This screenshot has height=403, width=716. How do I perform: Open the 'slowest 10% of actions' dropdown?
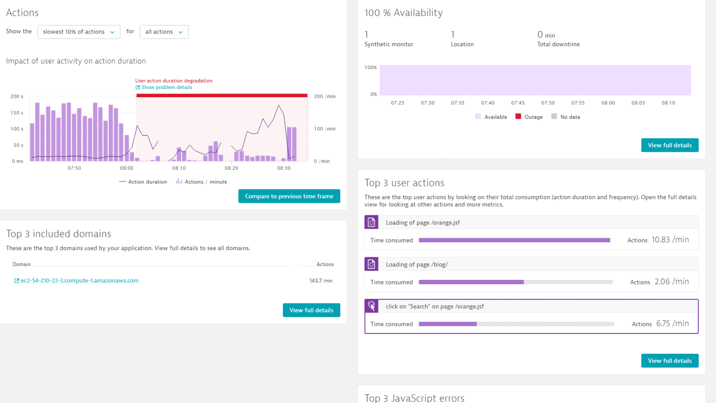79,32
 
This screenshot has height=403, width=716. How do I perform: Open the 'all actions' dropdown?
164,32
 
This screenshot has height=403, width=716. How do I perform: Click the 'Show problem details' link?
167,87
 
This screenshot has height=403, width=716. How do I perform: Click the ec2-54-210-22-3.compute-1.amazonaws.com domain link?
79,281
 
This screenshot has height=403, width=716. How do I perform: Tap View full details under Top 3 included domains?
311,310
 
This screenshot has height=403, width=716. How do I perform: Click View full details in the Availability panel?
669,145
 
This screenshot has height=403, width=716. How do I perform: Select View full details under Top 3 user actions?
669,361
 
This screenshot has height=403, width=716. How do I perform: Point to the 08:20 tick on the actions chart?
232,168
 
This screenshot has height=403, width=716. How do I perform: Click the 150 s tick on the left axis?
17,113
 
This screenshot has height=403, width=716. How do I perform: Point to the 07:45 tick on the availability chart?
518,103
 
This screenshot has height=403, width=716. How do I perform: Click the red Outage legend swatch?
518,116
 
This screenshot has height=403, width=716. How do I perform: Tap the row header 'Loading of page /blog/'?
416,265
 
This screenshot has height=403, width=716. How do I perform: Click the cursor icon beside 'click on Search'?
371,306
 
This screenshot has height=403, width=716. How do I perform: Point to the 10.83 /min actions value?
670,240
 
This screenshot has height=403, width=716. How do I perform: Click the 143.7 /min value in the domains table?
321,281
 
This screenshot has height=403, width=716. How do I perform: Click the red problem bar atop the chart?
222,95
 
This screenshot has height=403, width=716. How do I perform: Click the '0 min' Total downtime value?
546,35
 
